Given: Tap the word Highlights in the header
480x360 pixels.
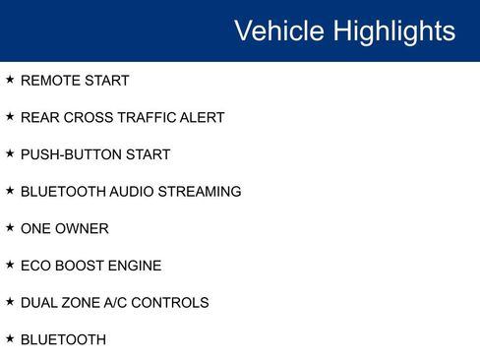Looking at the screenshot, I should (x=394, y=30).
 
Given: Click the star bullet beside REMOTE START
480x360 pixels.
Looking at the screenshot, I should (x=10, y=80).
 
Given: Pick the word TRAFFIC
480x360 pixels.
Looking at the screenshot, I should (x=146, y=118).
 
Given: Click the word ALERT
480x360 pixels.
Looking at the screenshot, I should (x=203, y=118).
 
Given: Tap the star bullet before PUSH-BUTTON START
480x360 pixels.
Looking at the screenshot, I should (x=10, y=153).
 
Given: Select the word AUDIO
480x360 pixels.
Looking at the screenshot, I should (x=129, y=192).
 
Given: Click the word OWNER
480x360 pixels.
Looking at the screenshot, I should (x=83, y=228).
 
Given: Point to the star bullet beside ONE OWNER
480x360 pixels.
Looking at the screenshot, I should (x=10, y=227).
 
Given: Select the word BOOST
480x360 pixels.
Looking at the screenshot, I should (x=81, y=266).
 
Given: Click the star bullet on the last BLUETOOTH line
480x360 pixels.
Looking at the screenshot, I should (x=10, y=338).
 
